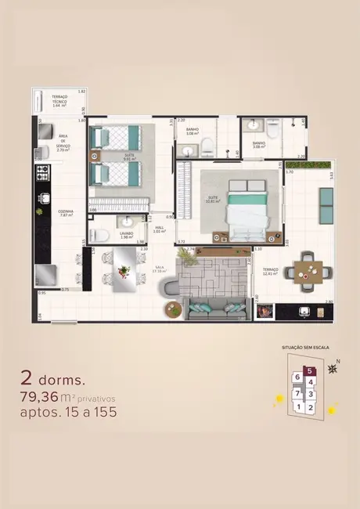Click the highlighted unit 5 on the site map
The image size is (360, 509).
click(x=310, y=372)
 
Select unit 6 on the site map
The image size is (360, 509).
click(x=297, y=377)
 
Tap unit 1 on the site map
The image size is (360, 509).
click(x=298, y=406)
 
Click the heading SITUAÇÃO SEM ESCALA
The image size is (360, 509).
click(x=304, y=345)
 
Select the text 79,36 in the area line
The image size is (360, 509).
click(x=44, y=396)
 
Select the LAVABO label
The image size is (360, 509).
click(x=127, y=233)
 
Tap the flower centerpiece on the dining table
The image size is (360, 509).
click(x=123, y=270)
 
